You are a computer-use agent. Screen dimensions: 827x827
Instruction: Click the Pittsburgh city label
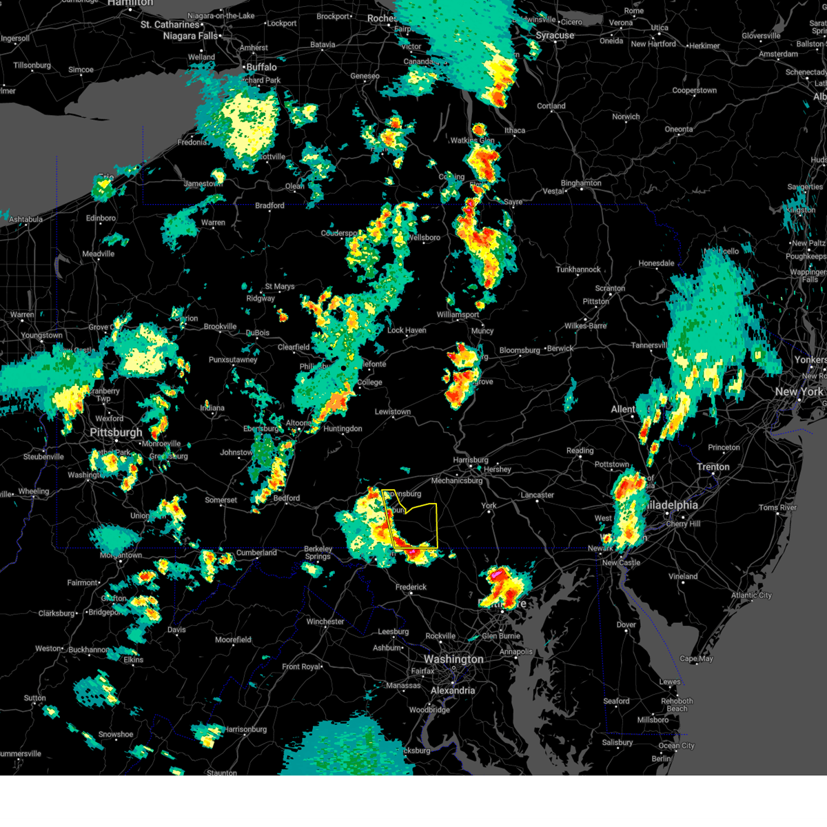pos(116,433)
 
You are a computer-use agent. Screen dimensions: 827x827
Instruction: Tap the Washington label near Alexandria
pos(453,660)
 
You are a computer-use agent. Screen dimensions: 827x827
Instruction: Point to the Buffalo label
pos(261,67)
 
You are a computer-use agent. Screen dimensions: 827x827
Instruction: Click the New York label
pos(799,391)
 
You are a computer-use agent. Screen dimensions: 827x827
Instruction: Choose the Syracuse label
pos(555,35)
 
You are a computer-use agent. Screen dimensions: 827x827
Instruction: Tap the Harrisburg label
pos(471,460)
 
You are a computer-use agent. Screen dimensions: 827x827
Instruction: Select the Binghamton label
pos(581,183)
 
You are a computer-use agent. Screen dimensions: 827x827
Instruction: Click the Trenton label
pos(713,467)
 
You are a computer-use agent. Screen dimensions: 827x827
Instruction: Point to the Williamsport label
pos(458,315)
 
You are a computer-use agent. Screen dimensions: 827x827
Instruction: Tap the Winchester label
pos(325,622)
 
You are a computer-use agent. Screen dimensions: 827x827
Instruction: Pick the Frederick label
pos(411,587)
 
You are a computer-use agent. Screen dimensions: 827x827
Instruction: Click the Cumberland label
pos(256,553)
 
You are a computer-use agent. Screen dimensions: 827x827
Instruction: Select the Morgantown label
pos(121,555)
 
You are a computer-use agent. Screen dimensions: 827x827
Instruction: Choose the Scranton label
pos(610,289)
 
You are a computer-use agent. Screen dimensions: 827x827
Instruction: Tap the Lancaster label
pos(537,495)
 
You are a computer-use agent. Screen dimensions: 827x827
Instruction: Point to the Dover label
pos(626,625)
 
